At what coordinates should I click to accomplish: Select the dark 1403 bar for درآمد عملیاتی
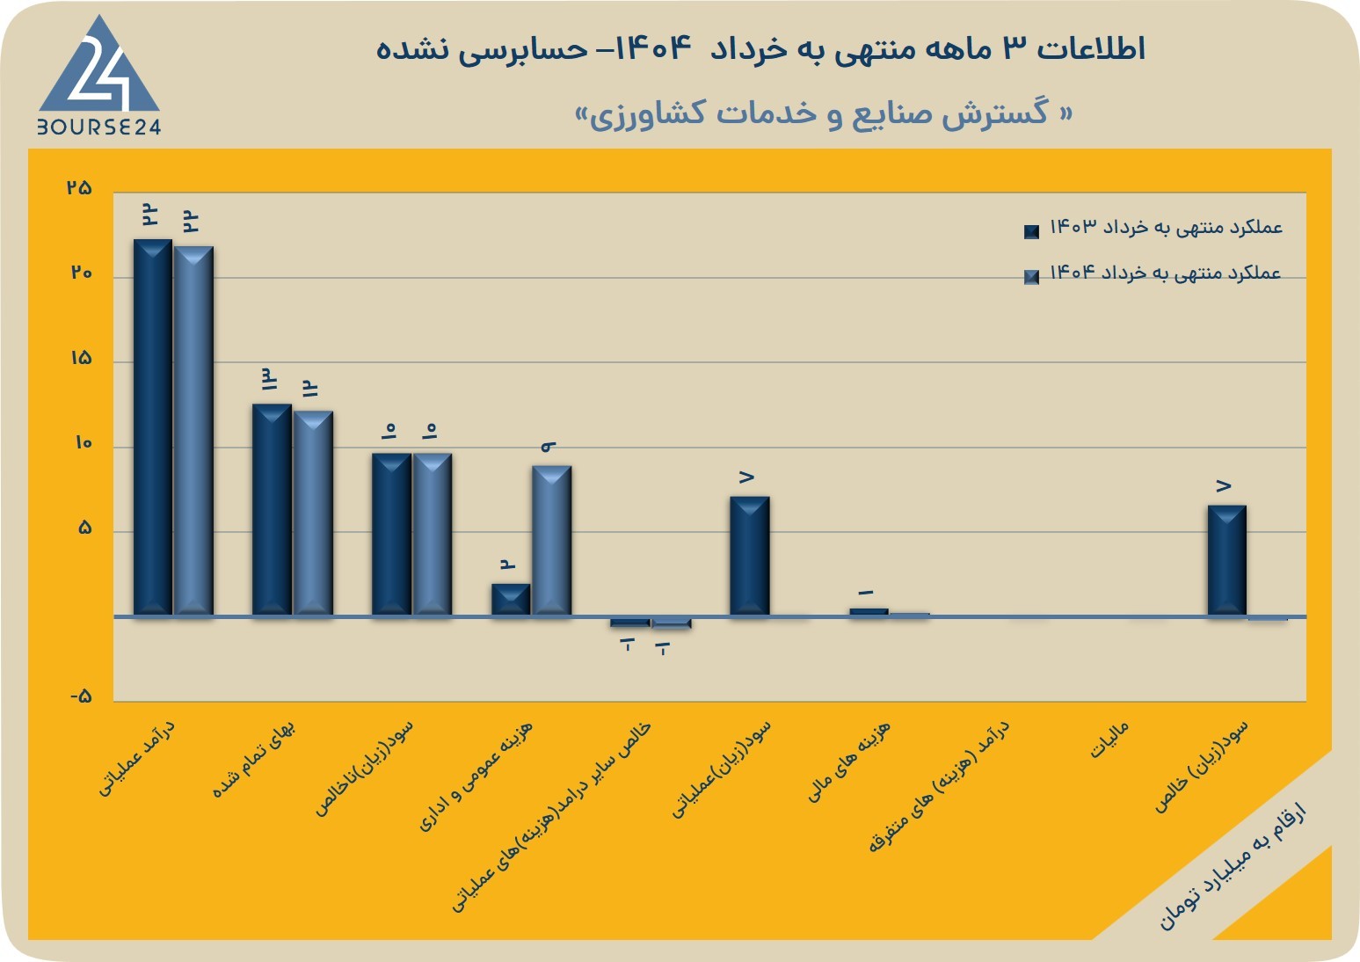click(152, 427)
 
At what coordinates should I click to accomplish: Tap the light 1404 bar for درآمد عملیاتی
click(193, 431)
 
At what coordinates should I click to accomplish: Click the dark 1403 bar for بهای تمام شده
click(272, 509)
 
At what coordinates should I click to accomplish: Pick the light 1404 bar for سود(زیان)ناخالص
click(433, 535)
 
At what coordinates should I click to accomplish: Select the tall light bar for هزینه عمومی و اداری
click(552, 541)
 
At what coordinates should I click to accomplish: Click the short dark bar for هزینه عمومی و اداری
click(511, 600)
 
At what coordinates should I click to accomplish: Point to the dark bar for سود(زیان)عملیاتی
click(750, 556)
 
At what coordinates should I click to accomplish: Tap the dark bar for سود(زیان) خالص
click(1227, 560)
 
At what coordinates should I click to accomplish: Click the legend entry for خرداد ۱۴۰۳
click(1153, 229)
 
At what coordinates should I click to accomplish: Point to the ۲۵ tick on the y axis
click(79, 187)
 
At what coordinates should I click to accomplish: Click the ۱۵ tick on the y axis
click(81, 358)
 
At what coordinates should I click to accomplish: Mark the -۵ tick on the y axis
click(81, 696)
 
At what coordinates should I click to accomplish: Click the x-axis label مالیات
click(1109, 740)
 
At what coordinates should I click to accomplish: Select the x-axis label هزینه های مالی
click(848, 761)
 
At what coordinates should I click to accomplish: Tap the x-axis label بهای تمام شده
click(254, 759)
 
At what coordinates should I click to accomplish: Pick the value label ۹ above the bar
click(549, 447)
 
